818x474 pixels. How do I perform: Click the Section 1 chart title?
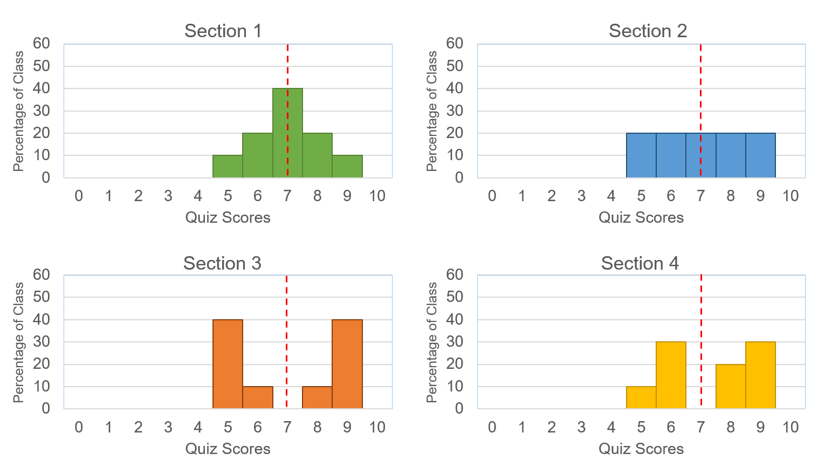(x=223, y=31)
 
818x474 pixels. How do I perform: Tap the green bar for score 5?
(x=228, y=167)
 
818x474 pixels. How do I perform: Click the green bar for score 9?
(x=347, y=167)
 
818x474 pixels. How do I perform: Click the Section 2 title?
(x=648, y=31)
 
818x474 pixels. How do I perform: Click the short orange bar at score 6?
(x=258, y=397)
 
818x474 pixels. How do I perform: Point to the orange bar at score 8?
(x=317, y=397)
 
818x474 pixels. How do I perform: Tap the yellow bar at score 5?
(x=641, y=397)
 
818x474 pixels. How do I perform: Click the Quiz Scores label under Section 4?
(x=641, y=449)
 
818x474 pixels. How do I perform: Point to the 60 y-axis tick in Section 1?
(x=42, y=43)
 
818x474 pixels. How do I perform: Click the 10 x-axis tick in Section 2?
(x=790, y=196)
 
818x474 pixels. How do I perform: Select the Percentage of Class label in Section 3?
(x=18, y=342)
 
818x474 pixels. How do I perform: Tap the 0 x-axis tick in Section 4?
(x=492, y=427)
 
